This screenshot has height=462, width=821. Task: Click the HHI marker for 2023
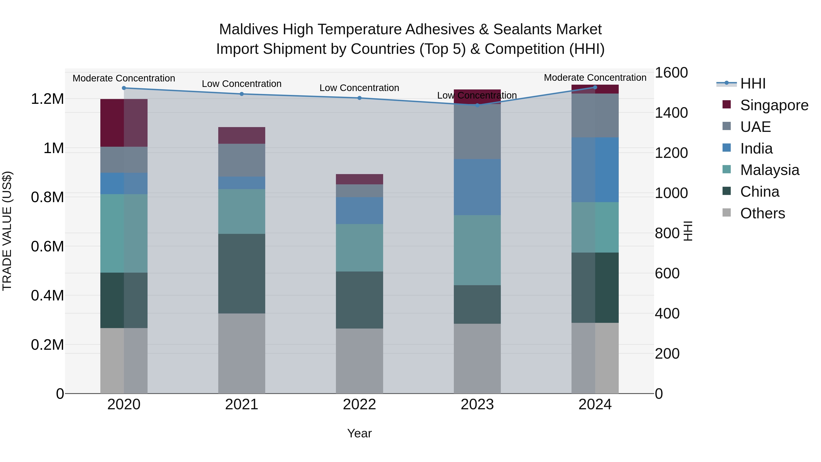click(477, 105)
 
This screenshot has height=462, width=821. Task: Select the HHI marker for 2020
click(124, 88)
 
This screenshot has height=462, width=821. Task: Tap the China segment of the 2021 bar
click(242, 274)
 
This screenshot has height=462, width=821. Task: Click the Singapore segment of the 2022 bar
click(359, 179)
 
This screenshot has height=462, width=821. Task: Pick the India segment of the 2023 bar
click(477, 187)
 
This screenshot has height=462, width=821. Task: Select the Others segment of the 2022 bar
click(359, 361)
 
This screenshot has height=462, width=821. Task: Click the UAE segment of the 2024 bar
click(595, 115)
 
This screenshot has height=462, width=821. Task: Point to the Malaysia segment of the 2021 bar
click(242, 211)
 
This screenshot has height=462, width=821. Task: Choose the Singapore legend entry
click(774, 105)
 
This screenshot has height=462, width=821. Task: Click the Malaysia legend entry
click(769, 170)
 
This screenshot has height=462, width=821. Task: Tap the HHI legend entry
click(753, 84)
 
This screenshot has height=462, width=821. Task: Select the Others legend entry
click(762, 213)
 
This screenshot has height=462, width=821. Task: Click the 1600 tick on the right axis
click(671, 73)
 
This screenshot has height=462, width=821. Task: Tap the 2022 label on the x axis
click(359, 405)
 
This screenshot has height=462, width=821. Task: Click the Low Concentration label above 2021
click(242, 84)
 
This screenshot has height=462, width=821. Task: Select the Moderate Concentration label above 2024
click(595, 78)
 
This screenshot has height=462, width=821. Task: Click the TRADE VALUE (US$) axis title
click(7, 231)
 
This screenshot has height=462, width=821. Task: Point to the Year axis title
click(359, 433)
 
